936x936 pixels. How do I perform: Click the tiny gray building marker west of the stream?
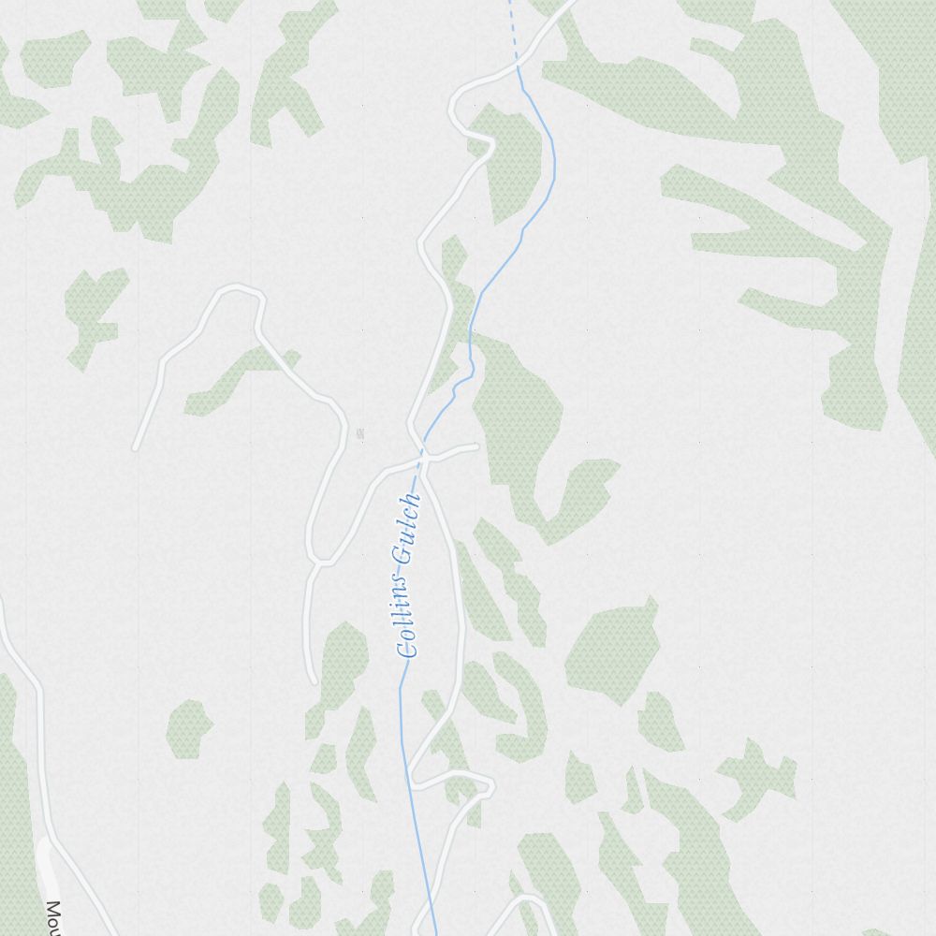(x=360, y=432)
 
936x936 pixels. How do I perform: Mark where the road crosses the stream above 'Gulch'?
(x=421, y=458)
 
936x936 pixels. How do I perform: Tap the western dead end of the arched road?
(x=136, y=446)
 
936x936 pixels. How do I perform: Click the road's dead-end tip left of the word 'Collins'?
(x=314, y=680)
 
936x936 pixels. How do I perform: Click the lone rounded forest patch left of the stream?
(x=188, y=727)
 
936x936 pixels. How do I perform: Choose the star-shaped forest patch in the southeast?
(x=756, y=777)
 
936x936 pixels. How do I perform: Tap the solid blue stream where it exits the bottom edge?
(x=434, y=930)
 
